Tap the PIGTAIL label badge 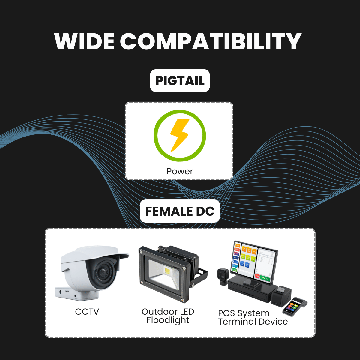tap(180, 81)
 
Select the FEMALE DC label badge tap(180, 211)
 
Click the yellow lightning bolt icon tap(179, 135)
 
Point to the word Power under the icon tap(180, 171)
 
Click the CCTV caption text tap(87, 312)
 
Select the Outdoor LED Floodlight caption tap(168, 316)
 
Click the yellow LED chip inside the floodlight tap(167, 271)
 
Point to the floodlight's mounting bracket tap(202, 276)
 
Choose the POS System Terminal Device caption tap(253, 317)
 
